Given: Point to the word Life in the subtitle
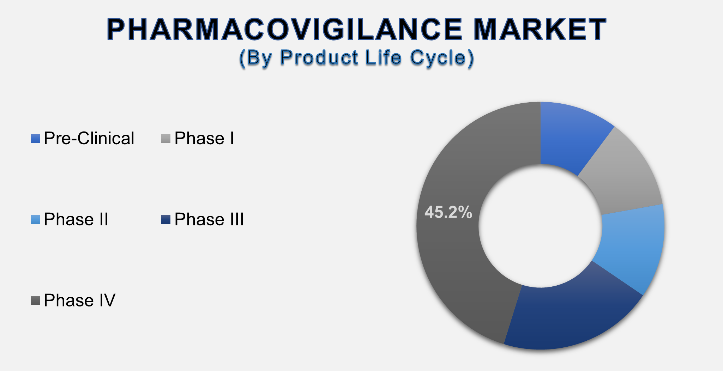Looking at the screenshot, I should click(x=383, y=57).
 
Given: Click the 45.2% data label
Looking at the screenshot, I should click(x=448, y=212).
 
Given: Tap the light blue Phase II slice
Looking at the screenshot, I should click(x=632, y=247).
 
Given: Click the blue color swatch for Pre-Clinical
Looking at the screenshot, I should click(x=35, y=139).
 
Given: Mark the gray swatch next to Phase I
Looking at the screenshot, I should click(x=166, y=139).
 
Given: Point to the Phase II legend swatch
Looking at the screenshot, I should click(x=35, y=220).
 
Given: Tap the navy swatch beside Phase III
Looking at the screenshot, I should click(x=166, y=220).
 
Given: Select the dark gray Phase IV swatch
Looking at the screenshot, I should click(x=35, y=301).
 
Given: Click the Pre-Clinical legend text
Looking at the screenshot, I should click(x=89, y=139).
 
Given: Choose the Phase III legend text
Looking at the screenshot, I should click(x=209, y=220).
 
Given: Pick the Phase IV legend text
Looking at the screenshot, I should click(x=80, y=301).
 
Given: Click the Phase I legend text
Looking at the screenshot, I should click(x=204, y=139).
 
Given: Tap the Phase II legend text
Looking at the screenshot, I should click(x=76, y=220).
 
